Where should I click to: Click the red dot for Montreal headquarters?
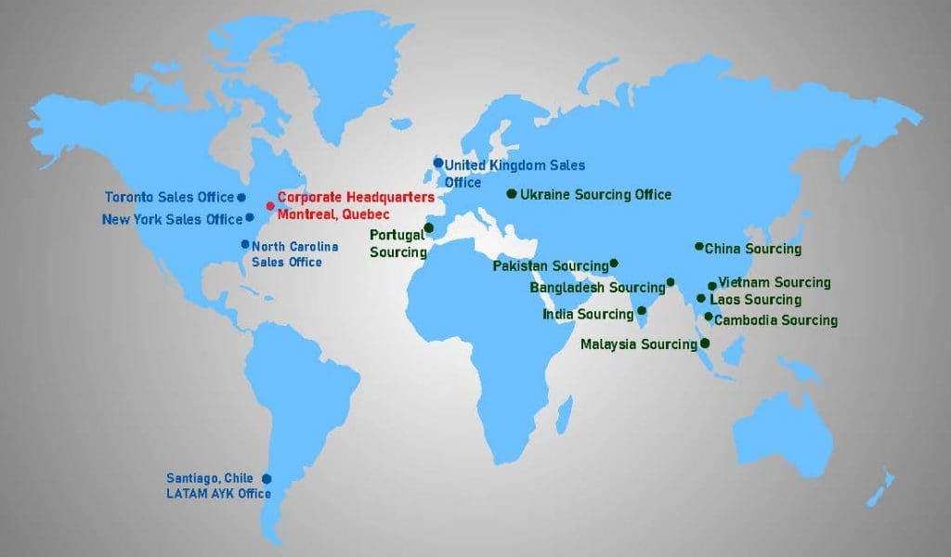(x=270, y=206)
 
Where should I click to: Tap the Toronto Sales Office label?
(x=169, y=197)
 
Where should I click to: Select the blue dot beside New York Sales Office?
(x=250, y=218)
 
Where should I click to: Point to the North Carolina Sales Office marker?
(x=245, y=244)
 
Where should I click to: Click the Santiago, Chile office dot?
(x=267, y=478)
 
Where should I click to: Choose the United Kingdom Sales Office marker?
(x=438, y=162)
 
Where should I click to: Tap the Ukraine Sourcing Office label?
(x=595, y=195)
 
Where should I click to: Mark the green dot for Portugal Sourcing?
(x=428, y=227)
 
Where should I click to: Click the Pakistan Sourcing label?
(x=551, y=266)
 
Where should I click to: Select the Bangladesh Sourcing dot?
(x=671, y=282)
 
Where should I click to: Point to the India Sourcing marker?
(x=641, y=311)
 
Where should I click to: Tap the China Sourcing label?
(x=752, y=249)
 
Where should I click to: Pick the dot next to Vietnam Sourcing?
(x=712, y=286)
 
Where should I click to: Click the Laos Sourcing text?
(x=755, y=300)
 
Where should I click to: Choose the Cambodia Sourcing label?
(x=775, y=320)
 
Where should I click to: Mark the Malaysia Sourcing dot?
(x=705, y=343)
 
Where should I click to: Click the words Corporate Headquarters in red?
(x=356, y=198)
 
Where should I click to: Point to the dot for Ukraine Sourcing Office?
(x=511, y=193)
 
